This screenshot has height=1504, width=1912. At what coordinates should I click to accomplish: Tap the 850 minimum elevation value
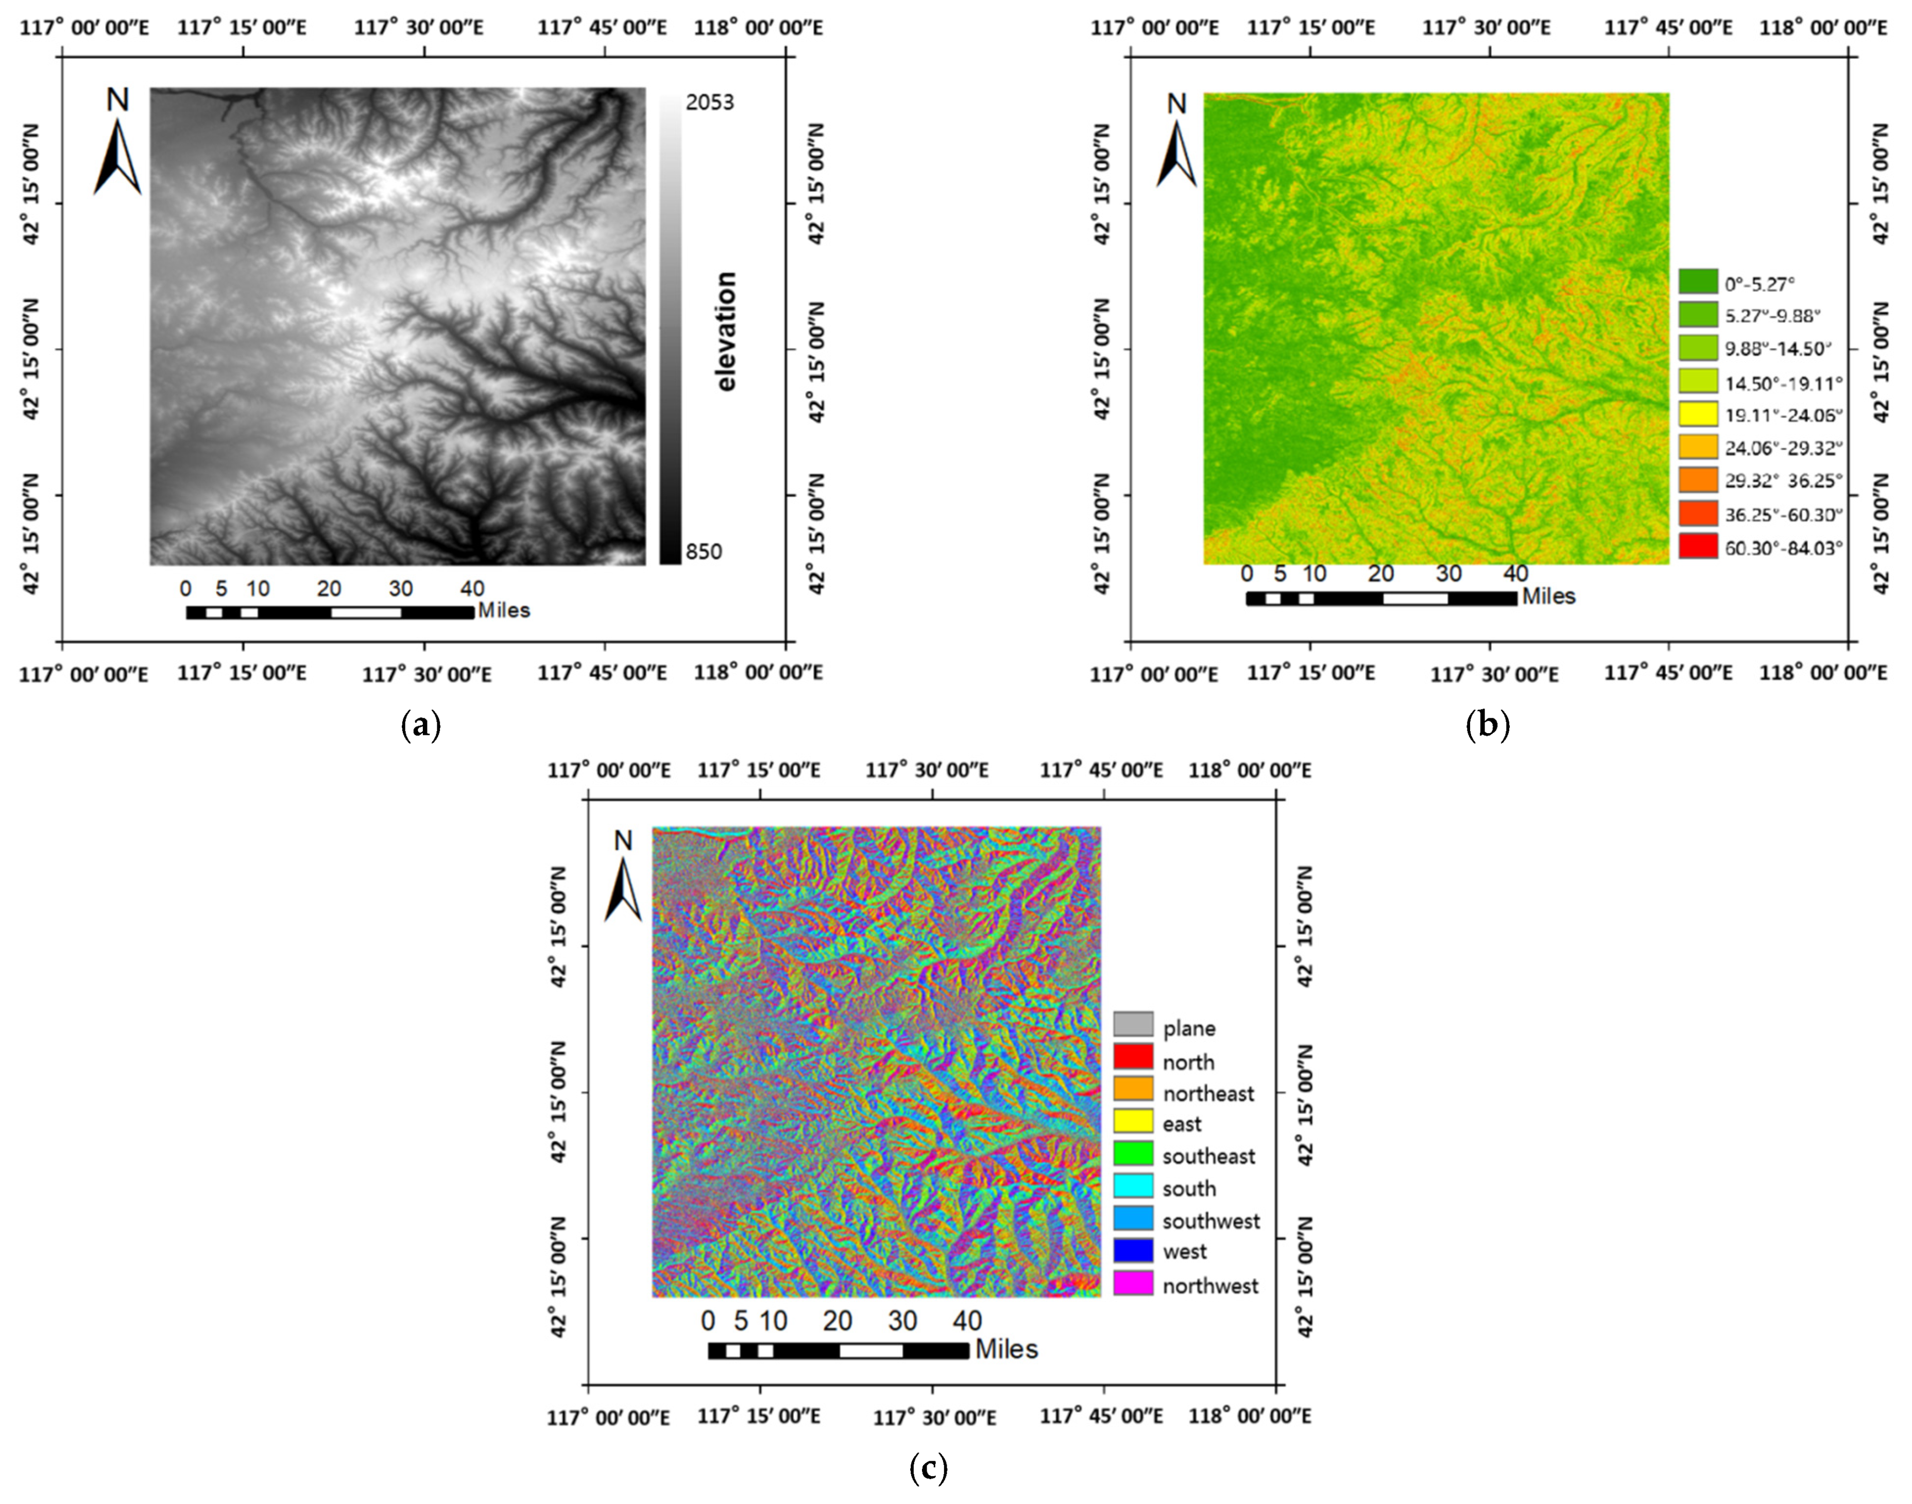[704, 552]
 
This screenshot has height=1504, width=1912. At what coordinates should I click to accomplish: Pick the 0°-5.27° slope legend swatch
[1698, 282]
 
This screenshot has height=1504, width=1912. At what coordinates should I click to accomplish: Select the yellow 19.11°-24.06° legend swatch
[1698, 414]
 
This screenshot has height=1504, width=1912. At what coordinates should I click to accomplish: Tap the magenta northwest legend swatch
[1133, 1284]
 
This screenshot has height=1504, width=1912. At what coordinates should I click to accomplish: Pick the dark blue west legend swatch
[1133, 1250]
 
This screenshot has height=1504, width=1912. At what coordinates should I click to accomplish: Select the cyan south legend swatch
[1133, 1186]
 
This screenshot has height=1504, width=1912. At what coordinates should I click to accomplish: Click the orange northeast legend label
[1207, 1094]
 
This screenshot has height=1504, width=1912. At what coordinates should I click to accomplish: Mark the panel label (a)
[420, 725]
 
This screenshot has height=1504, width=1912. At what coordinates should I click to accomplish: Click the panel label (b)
[1488, 725]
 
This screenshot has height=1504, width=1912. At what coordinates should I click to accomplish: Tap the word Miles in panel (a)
[504, 610]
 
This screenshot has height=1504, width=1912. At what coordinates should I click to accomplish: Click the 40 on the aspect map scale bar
[967, 1321]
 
